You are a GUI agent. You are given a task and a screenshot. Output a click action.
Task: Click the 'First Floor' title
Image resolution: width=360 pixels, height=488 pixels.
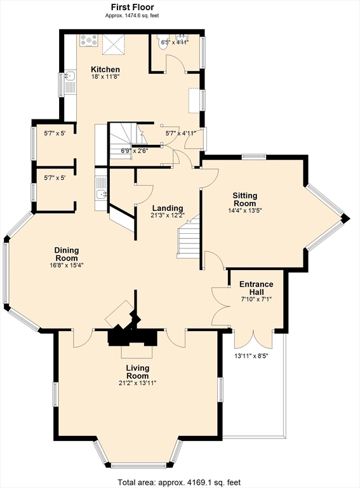(133, 7)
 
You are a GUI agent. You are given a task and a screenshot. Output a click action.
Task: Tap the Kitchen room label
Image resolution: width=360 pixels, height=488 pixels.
(105, 69)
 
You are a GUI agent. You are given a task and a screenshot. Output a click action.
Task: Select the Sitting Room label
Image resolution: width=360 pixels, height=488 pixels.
(245, 200)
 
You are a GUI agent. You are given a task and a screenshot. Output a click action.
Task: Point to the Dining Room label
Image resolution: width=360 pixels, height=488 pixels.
(67, 254)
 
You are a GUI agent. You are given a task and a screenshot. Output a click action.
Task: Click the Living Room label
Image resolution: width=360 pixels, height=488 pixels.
(137, 372)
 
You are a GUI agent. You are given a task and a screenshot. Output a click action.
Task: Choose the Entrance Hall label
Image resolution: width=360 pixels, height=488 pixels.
(257, 288)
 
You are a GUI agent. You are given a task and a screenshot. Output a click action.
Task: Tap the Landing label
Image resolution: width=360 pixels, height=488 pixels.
(168, 208)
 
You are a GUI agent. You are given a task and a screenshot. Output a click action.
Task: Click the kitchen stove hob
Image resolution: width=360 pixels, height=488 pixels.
(89, 41)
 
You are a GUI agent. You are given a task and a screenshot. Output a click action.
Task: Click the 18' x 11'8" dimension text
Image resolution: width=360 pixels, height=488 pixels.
(105, 76)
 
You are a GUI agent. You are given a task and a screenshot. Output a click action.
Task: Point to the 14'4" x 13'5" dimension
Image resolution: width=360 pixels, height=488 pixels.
(245, 210)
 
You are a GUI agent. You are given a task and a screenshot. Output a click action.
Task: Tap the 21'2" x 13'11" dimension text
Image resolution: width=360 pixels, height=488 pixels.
(137, 383)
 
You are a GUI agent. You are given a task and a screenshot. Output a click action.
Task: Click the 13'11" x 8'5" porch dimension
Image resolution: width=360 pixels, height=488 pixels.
(251, 356)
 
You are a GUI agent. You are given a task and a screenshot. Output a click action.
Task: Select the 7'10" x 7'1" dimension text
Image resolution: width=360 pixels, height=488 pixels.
(257, 299)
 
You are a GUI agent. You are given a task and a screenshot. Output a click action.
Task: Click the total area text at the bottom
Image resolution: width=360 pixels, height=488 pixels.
(179, 483)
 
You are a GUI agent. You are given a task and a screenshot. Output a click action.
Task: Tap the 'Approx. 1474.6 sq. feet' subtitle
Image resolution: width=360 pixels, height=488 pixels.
(132, 15)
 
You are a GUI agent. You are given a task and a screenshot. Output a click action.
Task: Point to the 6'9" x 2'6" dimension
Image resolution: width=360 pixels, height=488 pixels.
(135, 151)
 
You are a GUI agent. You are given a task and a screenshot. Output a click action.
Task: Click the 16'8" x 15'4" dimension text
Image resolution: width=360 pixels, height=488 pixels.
(67, 265)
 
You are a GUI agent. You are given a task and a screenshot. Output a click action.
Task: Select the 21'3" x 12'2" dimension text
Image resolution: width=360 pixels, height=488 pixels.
(168, 215)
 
